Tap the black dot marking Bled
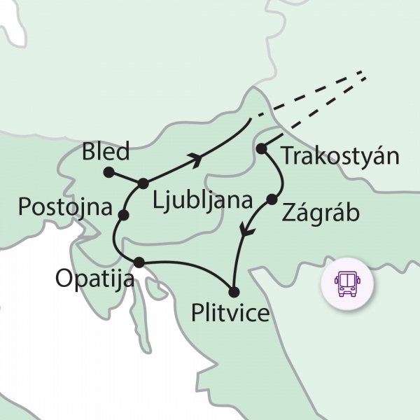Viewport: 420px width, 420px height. [x=108, y=171]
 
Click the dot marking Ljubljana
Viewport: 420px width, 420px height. [x=143, y=183]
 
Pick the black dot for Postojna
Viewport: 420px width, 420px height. [x=124, y=215]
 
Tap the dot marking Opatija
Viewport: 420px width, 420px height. [x=139, y=262]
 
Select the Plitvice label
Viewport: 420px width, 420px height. [x=230, y=312]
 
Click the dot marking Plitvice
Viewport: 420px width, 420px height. [x=234, y=291]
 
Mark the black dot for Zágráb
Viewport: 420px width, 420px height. [x=272, y=200]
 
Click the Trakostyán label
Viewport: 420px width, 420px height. [x=340, y=155]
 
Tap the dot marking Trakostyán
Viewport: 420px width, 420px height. [x=261, y=148]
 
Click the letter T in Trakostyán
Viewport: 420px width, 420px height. [x=286, y=155]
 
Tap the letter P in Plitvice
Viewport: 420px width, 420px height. [x=198, y=312]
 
